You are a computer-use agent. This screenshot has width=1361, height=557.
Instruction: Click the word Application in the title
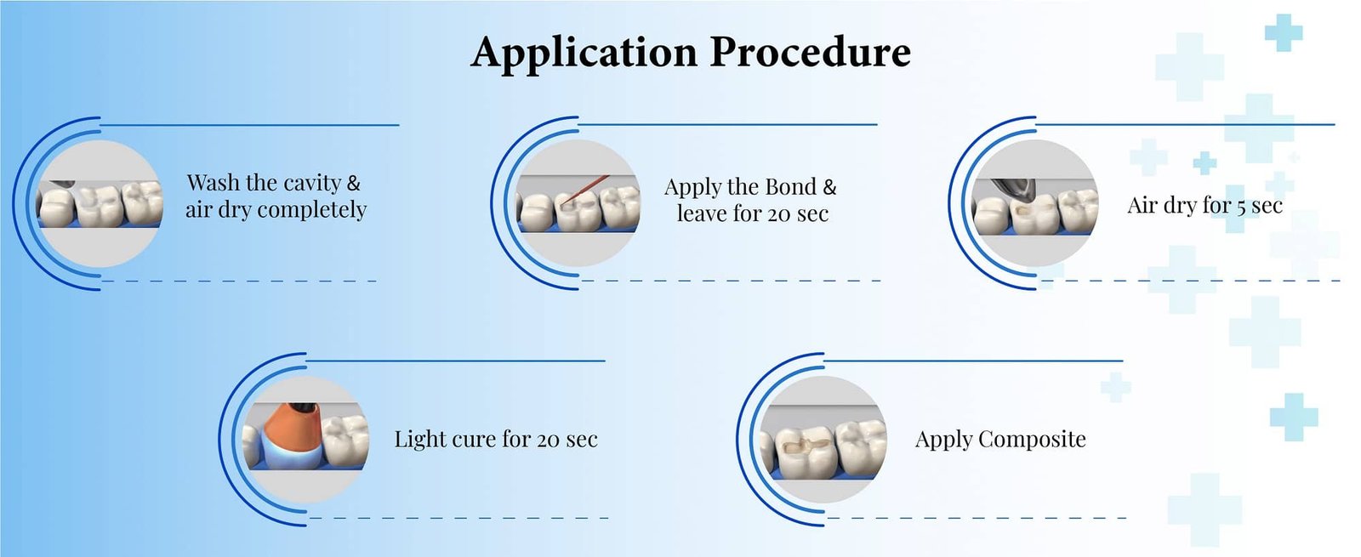coord(584,53)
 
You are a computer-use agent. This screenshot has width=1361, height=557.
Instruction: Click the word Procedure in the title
coord(810,53)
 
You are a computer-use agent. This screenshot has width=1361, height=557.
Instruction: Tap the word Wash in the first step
coord(213,183)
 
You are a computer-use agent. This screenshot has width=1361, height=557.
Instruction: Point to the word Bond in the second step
coord(790,187)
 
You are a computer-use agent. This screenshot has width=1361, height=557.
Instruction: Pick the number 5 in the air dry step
coord(1242,207)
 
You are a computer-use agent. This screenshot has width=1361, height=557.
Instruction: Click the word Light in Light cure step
coord(419,440)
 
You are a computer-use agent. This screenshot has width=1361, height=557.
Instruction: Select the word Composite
coord(1032,440)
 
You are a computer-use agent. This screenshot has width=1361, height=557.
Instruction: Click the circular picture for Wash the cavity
coord(100,204)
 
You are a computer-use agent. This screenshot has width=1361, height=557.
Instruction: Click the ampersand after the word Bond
coord(829,187)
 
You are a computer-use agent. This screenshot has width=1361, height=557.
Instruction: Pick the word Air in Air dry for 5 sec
coord(1142,206)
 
